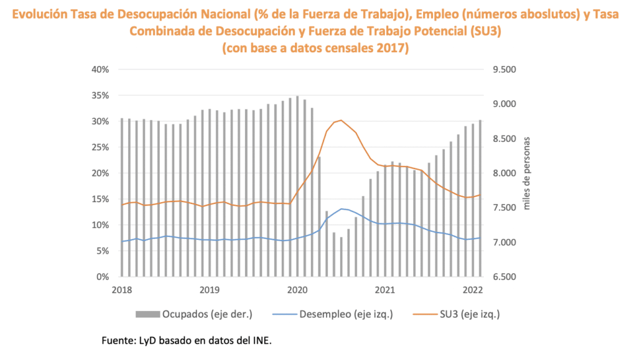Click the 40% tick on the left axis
pyautogui.click(x=100, y=69)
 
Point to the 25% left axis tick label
pyautogui.click(x=100, y=147)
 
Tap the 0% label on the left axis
pyautogui.click(x=103, y=277)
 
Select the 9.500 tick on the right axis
pyautogui.click(x=504, y=69)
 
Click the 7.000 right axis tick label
pyautogui.click(x=504, y=242)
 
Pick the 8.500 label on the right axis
pyautogui.click(x=504, y=139)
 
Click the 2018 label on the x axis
pyautogui.click(x=121, y=289)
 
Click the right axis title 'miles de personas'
pyautogui.click(x=527, y=173)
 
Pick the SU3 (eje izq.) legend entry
pyautogui.click(x=465, y=314)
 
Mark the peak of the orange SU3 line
pyautogui.click(x=341, y=120)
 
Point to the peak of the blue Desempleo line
pyautogui.click(x=342, y=209)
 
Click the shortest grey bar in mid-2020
pyautogui.click(x=341, y=256)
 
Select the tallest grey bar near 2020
pyautogui.click(x=297, y=187)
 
